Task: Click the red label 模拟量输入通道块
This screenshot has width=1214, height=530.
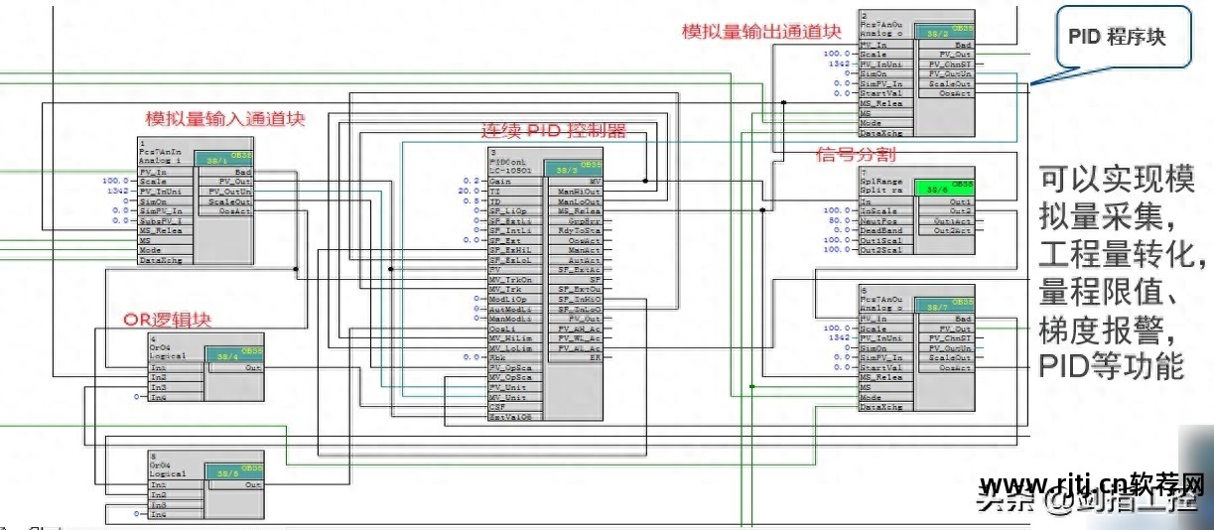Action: click(224, 119)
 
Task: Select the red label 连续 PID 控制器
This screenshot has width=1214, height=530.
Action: click(553, 130)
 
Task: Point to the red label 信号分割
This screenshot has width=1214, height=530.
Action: click(855, 155)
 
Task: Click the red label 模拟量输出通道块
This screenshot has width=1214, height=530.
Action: click(761, 32)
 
